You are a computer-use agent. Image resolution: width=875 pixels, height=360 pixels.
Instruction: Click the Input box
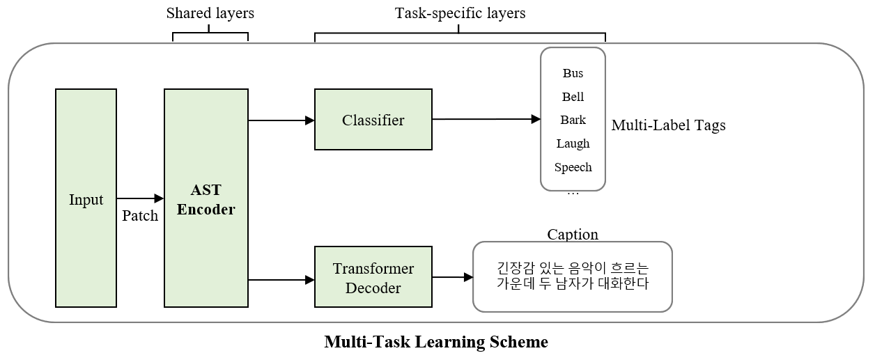[86, 198]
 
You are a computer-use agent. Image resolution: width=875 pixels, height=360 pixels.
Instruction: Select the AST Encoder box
[206, 198]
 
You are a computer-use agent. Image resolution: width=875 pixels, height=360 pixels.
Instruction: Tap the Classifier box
[373, 120]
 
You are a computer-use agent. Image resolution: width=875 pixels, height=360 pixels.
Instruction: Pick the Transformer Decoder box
[373, 277]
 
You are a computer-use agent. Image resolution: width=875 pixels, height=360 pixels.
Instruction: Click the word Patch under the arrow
[140, 216]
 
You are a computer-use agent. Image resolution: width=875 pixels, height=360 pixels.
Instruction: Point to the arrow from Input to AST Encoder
[140, 198]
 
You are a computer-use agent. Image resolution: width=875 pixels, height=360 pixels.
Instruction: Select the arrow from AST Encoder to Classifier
[281, 120]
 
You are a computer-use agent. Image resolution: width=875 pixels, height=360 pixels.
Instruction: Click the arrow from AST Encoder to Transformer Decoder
[281, 279]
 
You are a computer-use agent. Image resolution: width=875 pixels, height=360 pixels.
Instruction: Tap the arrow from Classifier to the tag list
[487, 119]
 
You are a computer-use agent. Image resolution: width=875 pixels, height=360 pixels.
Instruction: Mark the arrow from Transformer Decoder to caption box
[453, 277]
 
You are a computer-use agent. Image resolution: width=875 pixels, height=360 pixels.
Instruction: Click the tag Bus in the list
[573, 73]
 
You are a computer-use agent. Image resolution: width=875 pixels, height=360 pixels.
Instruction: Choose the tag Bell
[573, 97]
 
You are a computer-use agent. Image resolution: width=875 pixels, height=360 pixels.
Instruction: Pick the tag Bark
[573, 120]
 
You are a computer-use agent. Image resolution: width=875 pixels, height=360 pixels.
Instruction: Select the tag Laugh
[573, 143]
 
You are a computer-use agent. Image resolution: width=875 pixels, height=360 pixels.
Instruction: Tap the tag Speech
[573, 167]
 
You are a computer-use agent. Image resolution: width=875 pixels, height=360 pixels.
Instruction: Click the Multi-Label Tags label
[668, 125]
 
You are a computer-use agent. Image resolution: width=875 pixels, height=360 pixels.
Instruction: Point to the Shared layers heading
[210, 13]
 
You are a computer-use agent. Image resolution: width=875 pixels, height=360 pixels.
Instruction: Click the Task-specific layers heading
[460, 13]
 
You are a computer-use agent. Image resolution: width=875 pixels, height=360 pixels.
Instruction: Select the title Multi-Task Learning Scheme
[436, 342]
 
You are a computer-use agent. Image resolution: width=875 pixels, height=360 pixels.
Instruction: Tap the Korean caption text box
[573, 277]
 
